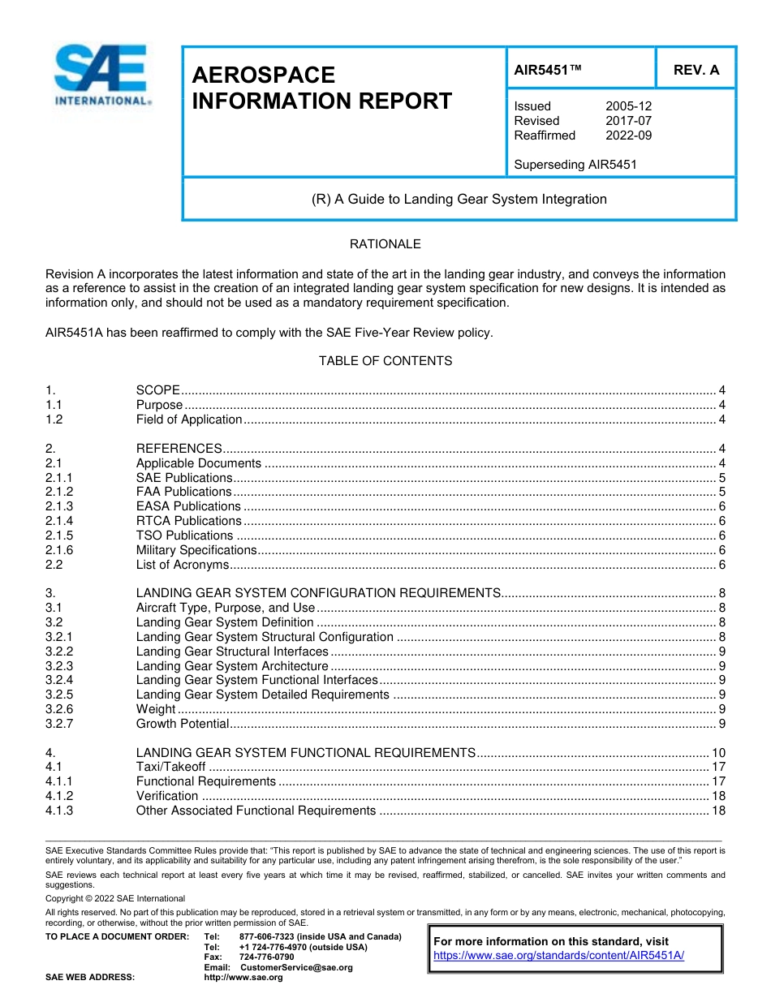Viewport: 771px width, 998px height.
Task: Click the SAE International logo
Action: [x=101, y=75]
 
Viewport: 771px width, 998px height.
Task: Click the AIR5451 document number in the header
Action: [x=548, y=70]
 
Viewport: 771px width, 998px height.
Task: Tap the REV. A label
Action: [x=696, y=70]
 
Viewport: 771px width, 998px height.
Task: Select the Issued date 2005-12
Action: [x=628, y=106]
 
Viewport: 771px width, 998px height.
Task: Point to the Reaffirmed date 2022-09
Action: [x=628, y=136]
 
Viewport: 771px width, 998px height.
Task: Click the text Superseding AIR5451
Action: [x=575, y=165]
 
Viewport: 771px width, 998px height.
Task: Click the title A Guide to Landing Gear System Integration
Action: [x=459, y=199]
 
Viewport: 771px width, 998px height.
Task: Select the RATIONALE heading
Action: [x=385, y=244]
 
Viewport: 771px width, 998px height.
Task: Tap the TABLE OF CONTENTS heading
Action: [x=385, y=361]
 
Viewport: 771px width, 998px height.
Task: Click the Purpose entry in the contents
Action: [x=159, y=405]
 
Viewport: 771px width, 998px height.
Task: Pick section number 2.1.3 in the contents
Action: [x=59, y=506]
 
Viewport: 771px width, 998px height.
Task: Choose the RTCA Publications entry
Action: [x=188, y=521]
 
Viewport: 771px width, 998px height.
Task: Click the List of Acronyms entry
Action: [x=183, y=565]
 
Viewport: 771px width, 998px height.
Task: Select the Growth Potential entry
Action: [x=183, y=724]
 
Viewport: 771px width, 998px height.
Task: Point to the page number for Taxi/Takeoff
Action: [x=717, y=767]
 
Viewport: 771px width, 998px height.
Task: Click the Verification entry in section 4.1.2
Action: [x=166, y=796]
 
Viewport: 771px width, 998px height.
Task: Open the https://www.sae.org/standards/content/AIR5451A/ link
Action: [x=559, y=956]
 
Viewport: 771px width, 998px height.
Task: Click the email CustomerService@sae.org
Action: [x=296, y=967]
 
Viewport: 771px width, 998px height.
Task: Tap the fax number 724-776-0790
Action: [x=266, y=957]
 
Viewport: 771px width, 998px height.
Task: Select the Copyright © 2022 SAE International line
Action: [x=115, y=898]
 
